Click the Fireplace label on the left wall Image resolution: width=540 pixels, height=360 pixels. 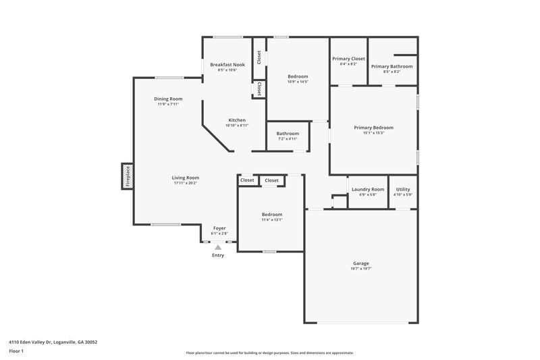pos(127,176)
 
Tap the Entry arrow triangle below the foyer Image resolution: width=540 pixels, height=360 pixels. pos(218,248)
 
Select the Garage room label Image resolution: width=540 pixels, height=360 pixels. pos(360,263)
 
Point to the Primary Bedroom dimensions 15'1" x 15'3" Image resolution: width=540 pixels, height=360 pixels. pos(373,133)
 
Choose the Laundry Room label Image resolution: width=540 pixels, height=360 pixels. pos(368,189)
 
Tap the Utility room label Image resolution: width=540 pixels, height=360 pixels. pos(403,189)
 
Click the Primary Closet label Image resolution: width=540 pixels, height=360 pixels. pos(348,58)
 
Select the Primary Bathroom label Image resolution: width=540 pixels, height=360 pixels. pos(391,66)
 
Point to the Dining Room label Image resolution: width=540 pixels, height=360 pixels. pos(169,99)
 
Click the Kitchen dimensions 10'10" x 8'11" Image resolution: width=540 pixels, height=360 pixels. pos(237,126)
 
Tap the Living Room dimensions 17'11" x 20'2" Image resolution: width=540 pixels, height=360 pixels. pos(186,183)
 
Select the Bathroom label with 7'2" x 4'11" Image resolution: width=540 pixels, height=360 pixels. pos(288,139)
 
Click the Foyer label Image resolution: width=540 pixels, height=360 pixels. pos(219,228)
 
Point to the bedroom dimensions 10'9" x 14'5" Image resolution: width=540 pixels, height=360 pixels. pos(298,82)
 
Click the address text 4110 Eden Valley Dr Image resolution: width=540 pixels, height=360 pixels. pos(53,342)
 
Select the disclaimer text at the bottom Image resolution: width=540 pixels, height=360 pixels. pos(269,353)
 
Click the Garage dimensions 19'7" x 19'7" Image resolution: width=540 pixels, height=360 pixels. pos(360,269)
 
